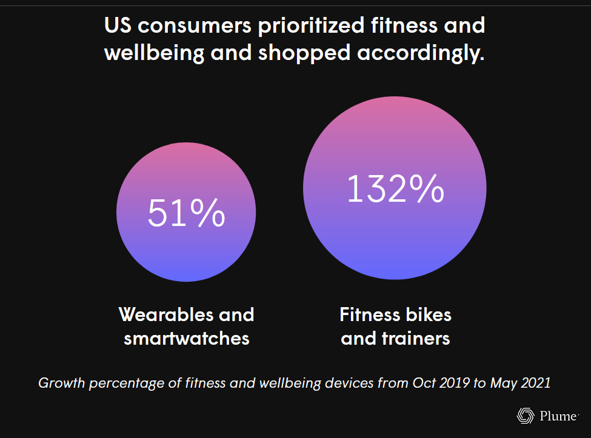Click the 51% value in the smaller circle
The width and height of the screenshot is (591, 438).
pos(186,212)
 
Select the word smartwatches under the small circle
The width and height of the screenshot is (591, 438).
pos(187,338)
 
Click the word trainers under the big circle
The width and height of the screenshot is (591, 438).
pos(418,338)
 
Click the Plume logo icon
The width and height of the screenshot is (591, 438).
pos(524,416)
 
